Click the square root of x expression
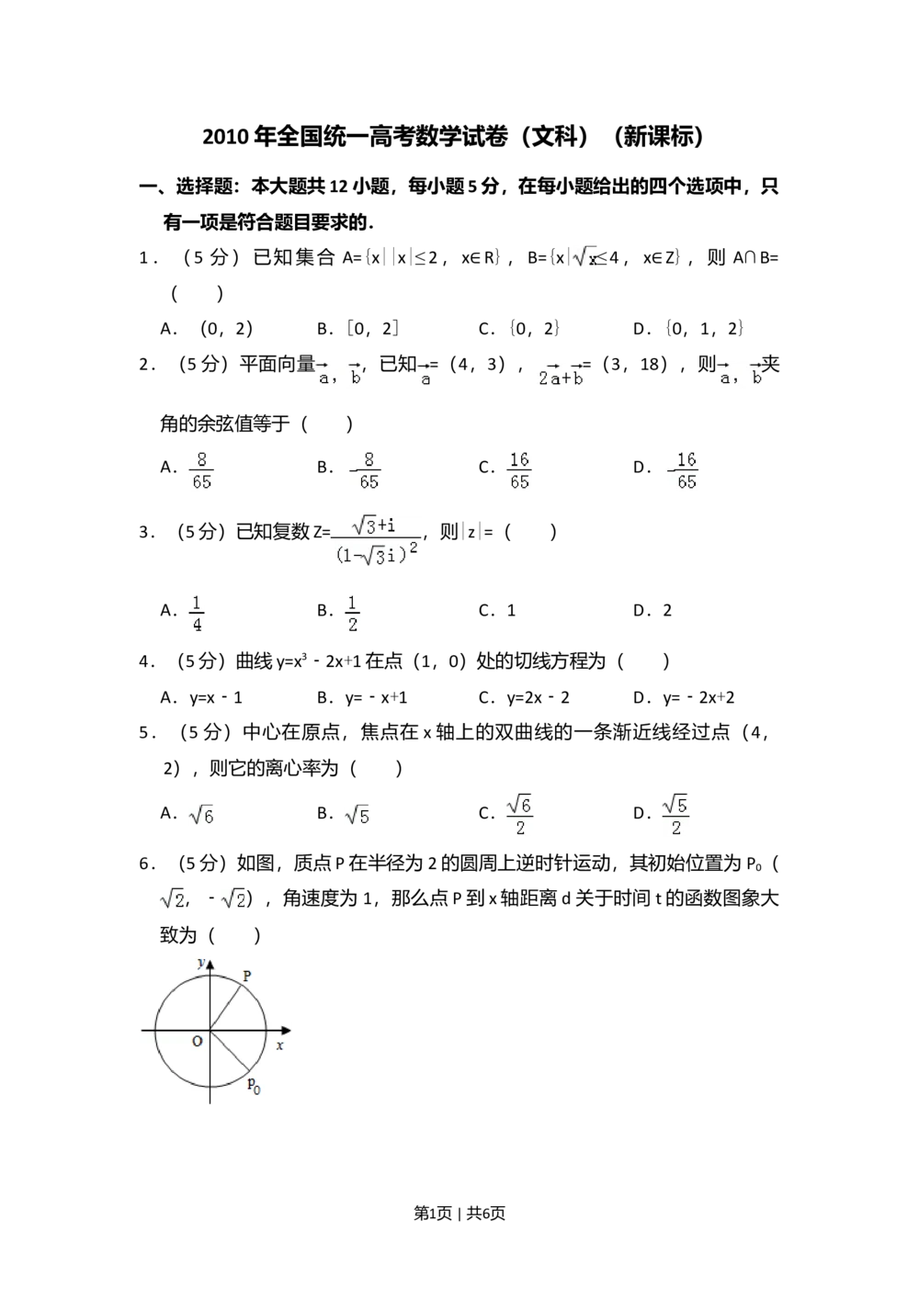584,258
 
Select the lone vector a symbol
423,375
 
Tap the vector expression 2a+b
559,375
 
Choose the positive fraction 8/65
202,470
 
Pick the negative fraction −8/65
360,470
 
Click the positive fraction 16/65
518,470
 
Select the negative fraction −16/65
684,470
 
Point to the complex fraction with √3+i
375,543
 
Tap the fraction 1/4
195,614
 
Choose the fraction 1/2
353,614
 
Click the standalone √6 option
199,816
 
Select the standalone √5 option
357,816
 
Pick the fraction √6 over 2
518,812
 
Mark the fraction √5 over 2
676,812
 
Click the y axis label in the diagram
200,963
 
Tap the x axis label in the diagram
279,1045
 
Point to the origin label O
197,1042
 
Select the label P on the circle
247,976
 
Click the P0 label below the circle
253,1085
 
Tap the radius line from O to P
226,1009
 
